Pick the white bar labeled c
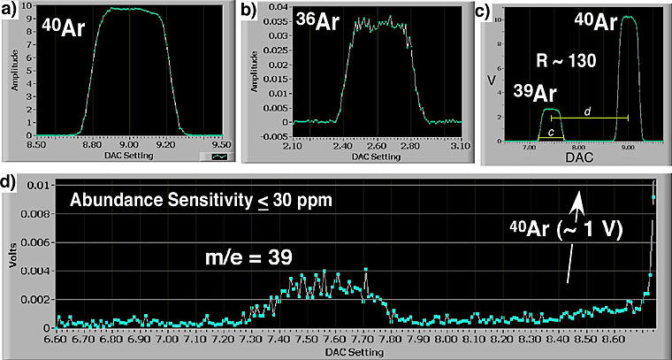coord(553,137)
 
